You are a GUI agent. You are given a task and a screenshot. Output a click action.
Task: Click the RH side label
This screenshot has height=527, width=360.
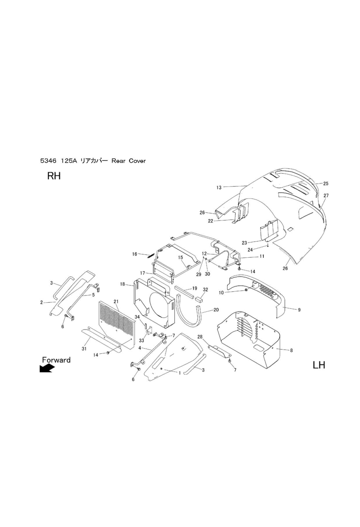54,176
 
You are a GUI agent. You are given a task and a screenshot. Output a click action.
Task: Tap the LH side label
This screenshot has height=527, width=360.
319,365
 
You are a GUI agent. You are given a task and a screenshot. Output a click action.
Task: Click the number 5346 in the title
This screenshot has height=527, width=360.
48,161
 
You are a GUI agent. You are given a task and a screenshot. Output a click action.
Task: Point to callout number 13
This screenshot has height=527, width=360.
219,188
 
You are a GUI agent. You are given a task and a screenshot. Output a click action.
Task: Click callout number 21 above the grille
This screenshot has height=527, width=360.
116,302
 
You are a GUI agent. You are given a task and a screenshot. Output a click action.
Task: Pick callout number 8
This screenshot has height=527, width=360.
291,350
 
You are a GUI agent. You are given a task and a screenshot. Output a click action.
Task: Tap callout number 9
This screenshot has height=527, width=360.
299,310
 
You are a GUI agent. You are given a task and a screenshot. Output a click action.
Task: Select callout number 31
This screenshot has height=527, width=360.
84,349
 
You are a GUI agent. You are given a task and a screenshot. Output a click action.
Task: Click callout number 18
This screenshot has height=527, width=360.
122,284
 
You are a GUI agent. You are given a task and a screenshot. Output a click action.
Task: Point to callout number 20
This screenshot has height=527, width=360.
216,310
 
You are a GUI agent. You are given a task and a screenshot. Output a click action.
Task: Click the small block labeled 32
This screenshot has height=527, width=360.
199,300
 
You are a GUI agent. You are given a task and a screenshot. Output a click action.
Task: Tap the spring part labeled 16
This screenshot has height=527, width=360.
150,256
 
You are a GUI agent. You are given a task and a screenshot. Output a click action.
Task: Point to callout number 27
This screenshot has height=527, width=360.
326,195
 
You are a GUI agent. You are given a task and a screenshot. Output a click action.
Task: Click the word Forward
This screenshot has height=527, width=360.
56,360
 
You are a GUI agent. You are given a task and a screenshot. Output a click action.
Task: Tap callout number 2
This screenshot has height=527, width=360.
42,302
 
